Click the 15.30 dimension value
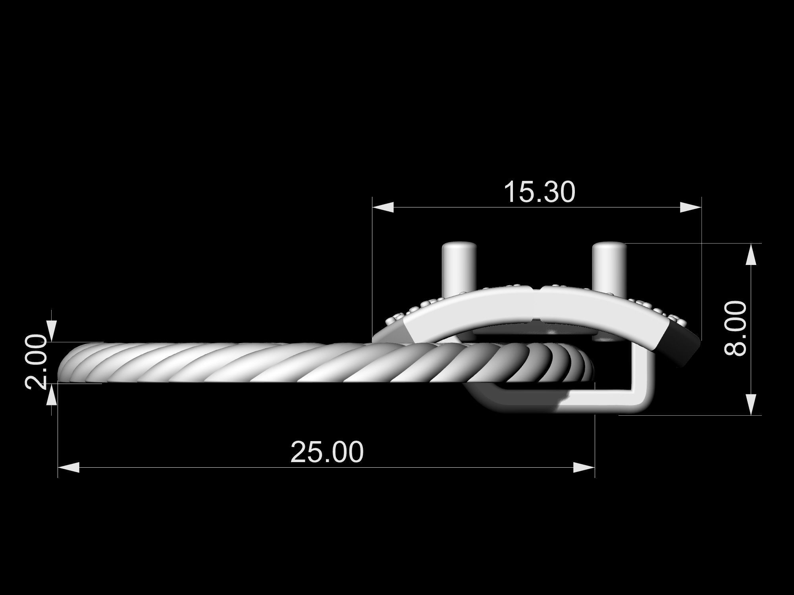click(539, 192)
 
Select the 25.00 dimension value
click(327, 452)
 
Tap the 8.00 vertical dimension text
click(736, 328)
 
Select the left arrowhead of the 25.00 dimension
click(69, 468)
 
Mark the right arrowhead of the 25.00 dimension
click(584, 468)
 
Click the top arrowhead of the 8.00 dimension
click(750, 254)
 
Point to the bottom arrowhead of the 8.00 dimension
click(750, 405)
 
